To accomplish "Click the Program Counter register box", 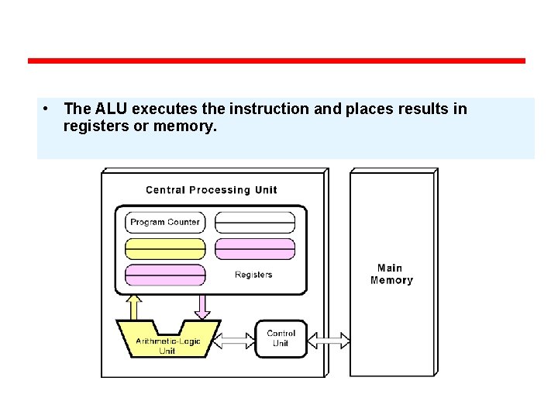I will coord(165,222).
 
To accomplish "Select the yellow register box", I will coord(165,249).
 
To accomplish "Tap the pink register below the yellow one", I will coord(165,275).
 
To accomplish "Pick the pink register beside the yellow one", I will coord(255,249).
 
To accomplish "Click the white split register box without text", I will coord(255,222).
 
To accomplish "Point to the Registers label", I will coord(253,275).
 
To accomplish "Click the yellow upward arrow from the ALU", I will coord(133,306).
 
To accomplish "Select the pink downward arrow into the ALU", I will coord(201,306).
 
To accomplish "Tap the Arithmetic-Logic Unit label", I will coord(167,346).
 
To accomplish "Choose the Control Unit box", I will coord(281,338).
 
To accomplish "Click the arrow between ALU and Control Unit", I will coord(234,340).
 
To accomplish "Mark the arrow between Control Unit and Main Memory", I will coord(329,340).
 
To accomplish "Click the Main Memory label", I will coord(391,275).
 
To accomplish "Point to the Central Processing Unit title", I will coord(211,190).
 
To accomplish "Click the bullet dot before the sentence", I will coord(47,109).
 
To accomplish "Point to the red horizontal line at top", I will coord(277,61).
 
